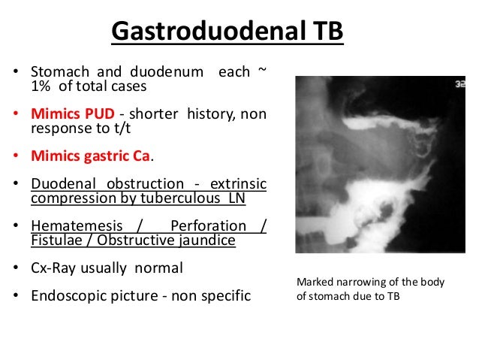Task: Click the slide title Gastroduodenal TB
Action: pyautogui.click(x=227, y=32)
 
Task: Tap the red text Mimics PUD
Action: pyautogui.click(x=73, y=114)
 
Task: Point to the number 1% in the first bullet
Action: pyautogui.click(x=41, y=86)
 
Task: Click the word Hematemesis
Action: pyautogui.click(x=69, y=226)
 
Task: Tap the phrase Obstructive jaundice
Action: pyautogui.click(x=182, y=241)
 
